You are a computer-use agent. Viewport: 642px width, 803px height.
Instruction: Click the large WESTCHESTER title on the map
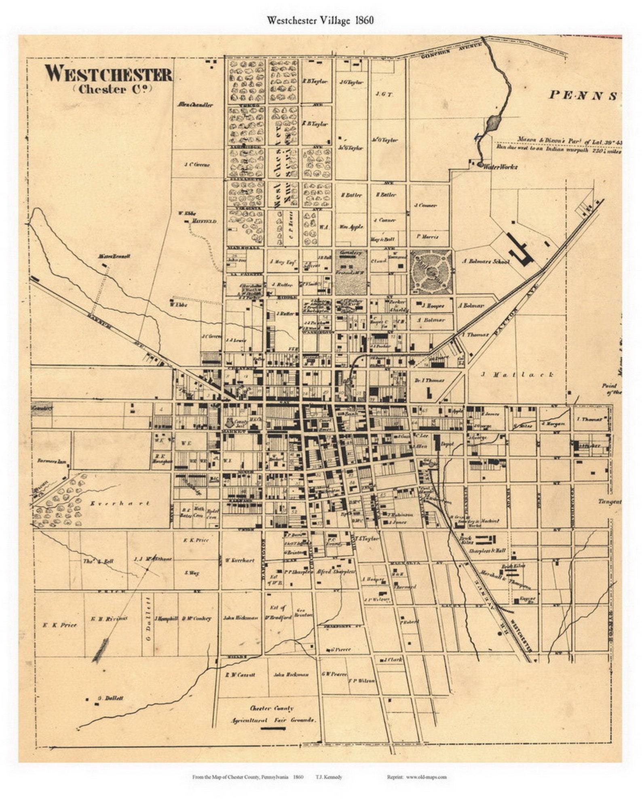(x=108, y=74)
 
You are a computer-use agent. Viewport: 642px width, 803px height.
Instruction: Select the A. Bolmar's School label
(x=486, y=262)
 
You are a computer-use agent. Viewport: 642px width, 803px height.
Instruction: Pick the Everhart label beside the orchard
(x=120, y=503)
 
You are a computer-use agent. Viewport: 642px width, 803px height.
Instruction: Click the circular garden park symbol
(x=431, y=272)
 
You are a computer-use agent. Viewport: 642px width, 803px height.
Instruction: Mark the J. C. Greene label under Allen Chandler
(x=197, y=165)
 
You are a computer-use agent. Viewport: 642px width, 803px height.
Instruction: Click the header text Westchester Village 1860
(x=320, y=21)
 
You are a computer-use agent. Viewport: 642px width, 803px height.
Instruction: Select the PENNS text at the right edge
(x=583, y=95)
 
